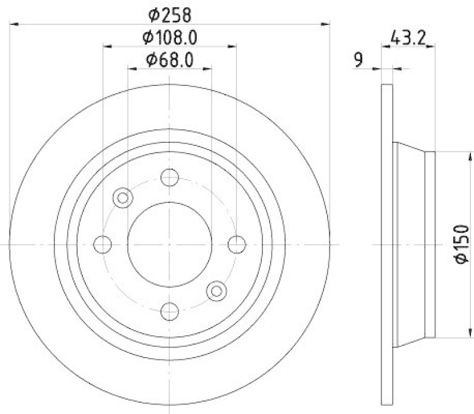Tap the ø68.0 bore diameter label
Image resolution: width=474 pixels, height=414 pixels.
point(169,59)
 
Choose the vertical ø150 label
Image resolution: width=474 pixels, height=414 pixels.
point(462,243)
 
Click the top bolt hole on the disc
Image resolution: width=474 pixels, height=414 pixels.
point(170,177)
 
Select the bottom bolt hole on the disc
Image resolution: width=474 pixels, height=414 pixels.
point(170,310)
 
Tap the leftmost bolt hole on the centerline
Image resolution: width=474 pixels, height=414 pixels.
point(103,244)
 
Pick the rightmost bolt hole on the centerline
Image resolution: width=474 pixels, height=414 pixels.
point(237,244)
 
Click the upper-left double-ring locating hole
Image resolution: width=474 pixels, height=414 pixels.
point(123,197)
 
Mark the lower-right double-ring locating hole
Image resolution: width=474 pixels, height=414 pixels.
point(216,290)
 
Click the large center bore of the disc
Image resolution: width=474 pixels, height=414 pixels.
point(170,244)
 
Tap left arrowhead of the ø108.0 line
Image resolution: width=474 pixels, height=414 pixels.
point(107,46)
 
